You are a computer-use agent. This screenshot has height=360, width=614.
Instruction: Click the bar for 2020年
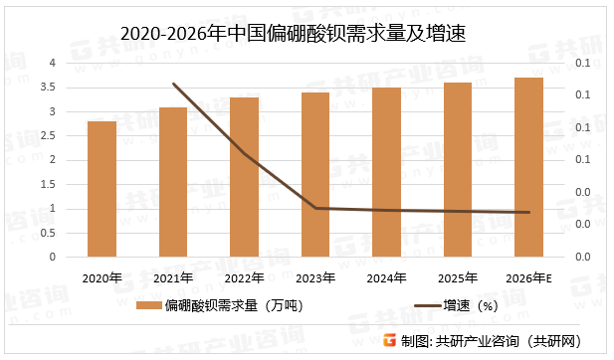point(102,189)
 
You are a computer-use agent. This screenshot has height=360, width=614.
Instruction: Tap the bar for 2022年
point(244,177)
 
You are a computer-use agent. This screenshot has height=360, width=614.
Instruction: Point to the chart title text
point(307,33)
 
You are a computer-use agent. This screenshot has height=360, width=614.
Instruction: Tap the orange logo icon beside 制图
point(390,341)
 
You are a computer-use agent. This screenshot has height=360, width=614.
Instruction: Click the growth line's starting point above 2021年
point(173,84)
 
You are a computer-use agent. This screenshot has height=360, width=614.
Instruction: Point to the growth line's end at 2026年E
point(528,212)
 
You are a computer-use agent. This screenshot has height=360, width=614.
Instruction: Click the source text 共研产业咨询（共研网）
point(508,342)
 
